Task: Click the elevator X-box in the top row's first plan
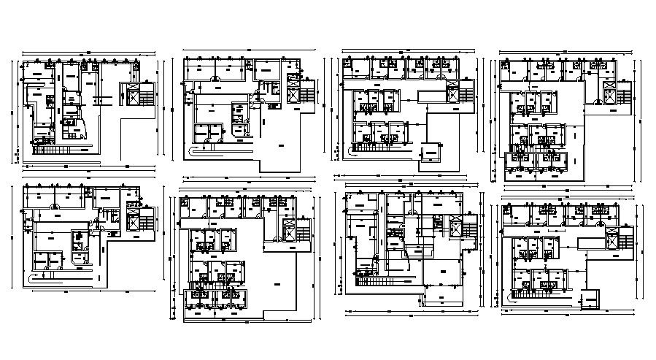click(134, 94)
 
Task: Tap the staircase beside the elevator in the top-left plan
click(148, 94)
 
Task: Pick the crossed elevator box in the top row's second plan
click(295, 95)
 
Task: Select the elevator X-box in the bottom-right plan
click(609, 238)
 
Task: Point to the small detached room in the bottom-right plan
click(590, 300)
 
